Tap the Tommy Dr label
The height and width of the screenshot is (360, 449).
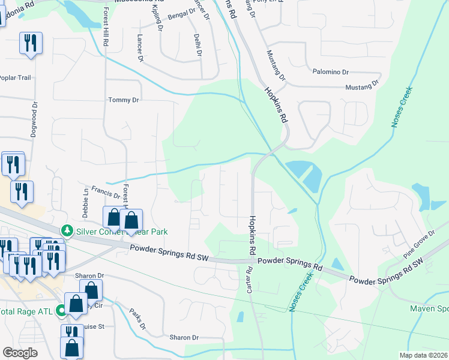pyautogui.click(x=123, y=100)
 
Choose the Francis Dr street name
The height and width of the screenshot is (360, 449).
pyautogui.click(x=106, y=194)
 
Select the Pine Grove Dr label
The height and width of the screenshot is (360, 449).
pyautogui.click(x=419, y=244)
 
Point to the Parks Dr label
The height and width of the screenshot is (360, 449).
pyautogui.click(x=138, y=319)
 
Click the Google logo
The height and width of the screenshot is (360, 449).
pyautogui.click(x=20, y=353)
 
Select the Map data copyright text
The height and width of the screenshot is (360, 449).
pyautogui.click(x=424, y=355)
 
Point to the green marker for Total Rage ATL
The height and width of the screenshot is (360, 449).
pyautogui.click(x=61, y=311)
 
